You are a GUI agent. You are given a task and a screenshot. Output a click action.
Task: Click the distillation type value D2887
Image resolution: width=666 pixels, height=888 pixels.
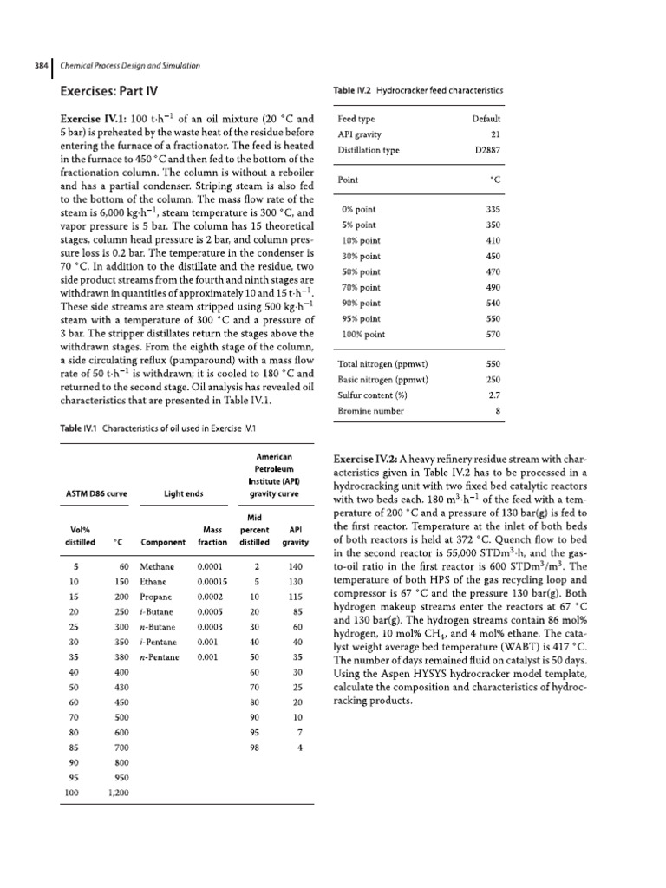tap(487, 149)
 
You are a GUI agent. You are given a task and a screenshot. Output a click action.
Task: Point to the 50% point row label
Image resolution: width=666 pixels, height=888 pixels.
tap(361, 271)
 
